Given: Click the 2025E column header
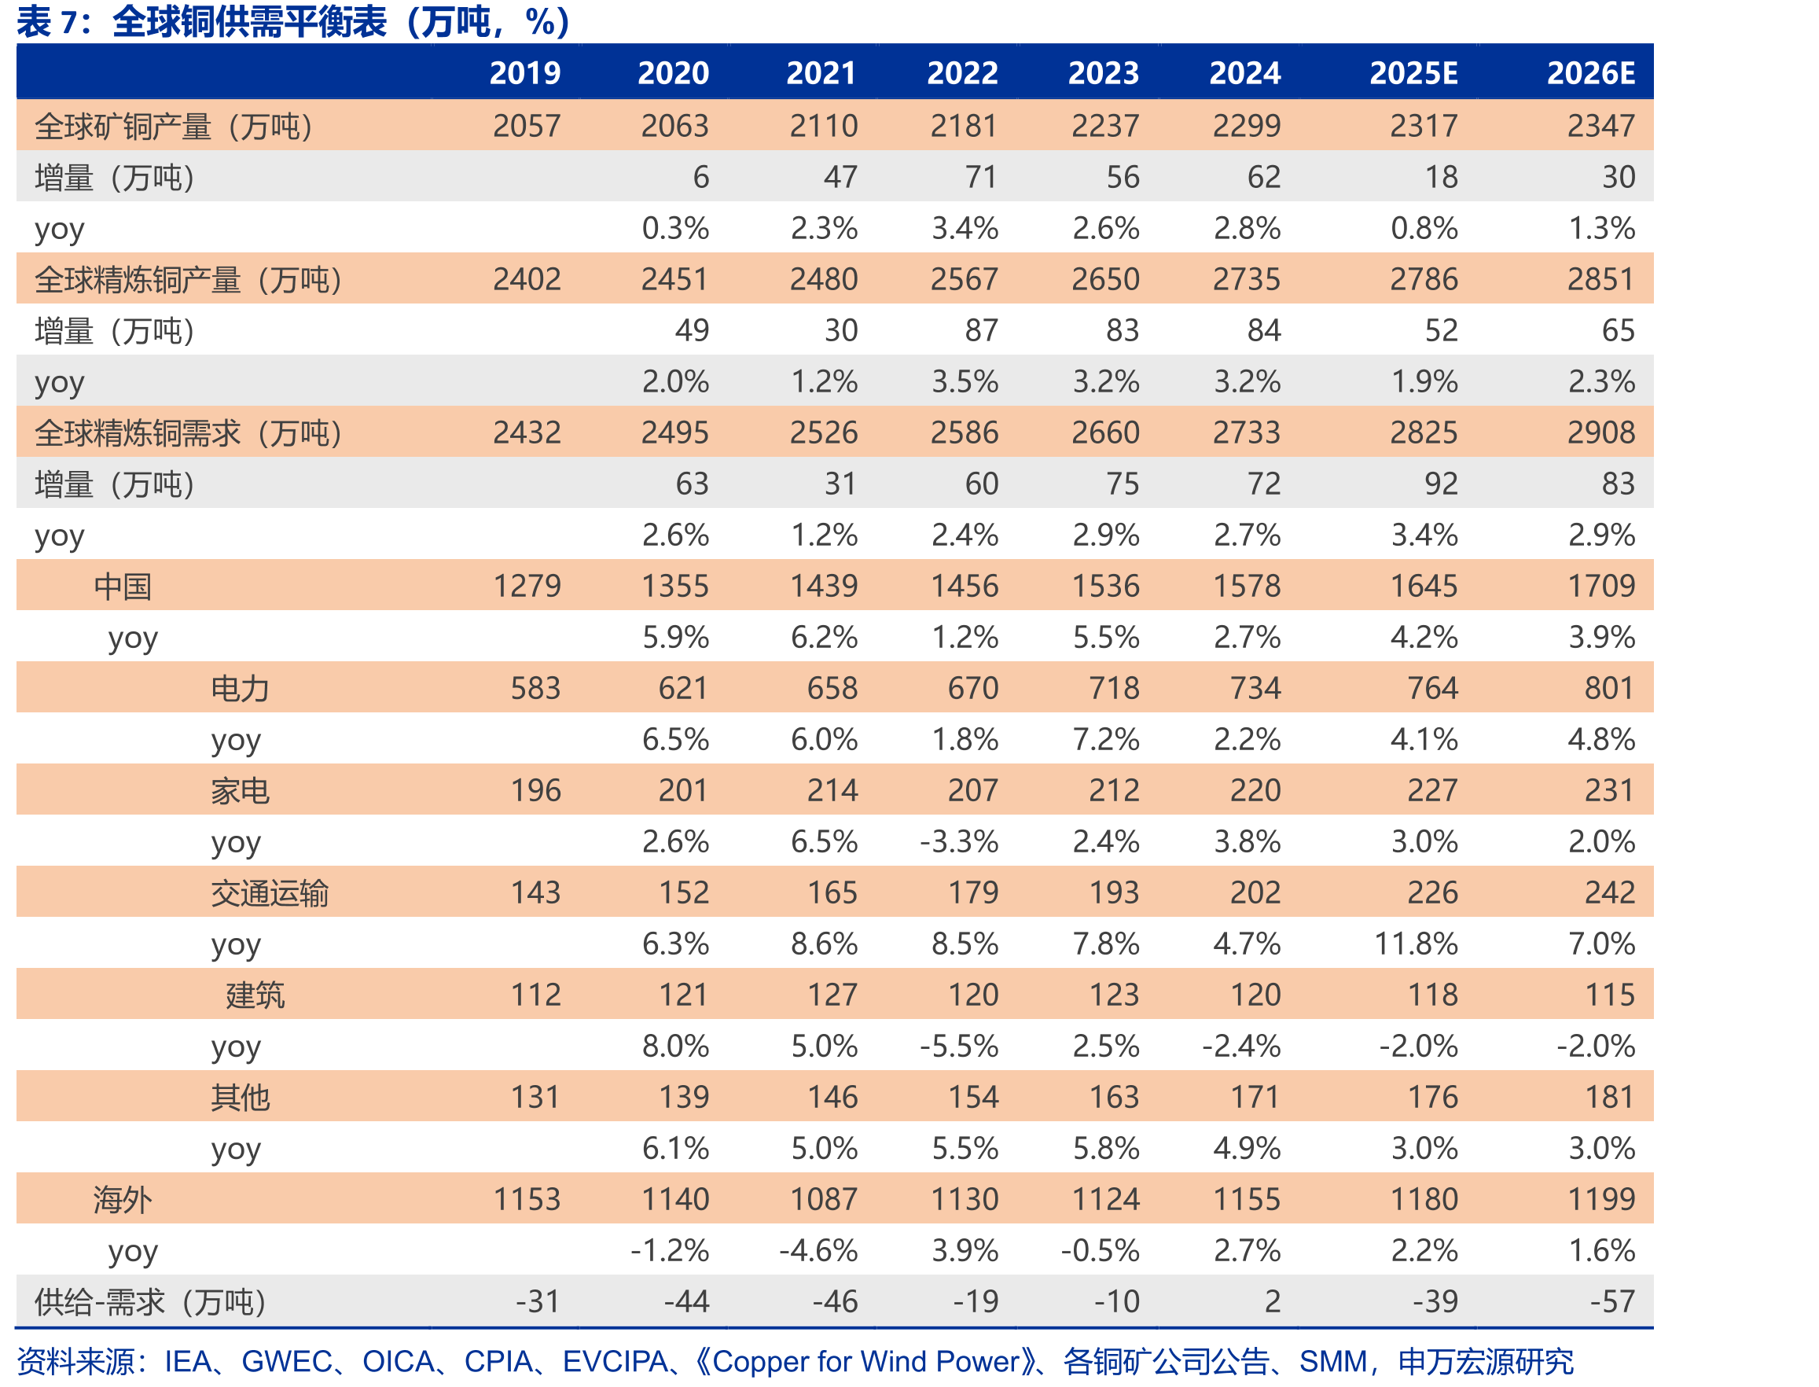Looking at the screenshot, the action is click(1413, 72).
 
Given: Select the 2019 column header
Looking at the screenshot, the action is click(525, 72).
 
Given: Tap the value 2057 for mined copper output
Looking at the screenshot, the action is click(527, 126).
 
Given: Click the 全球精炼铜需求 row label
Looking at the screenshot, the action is click(188, 432).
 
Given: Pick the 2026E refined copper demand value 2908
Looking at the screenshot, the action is click(1601, 432).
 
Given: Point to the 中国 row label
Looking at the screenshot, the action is click(122, 587).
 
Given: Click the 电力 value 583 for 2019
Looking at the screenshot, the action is click(535, 688).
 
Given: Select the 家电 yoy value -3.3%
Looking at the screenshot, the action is click(959, 841).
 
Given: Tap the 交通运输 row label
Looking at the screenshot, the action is click(270, 893).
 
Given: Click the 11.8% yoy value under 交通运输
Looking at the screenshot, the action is click(1417, 944).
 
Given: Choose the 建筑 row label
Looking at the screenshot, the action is click(255, 995).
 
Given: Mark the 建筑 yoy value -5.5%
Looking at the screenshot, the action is click(959, 1046).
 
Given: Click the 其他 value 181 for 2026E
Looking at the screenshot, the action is click(1609, 1097).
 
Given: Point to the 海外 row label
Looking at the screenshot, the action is click(122, 1200).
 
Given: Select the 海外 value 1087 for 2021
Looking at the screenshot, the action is click(825, 1200).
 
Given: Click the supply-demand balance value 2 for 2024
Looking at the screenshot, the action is click(1273, 1302).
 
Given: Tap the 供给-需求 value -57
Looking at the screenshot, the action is click(1613, 1302).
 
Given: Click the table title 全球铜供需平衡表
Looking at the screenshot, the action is click(248, 21).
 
